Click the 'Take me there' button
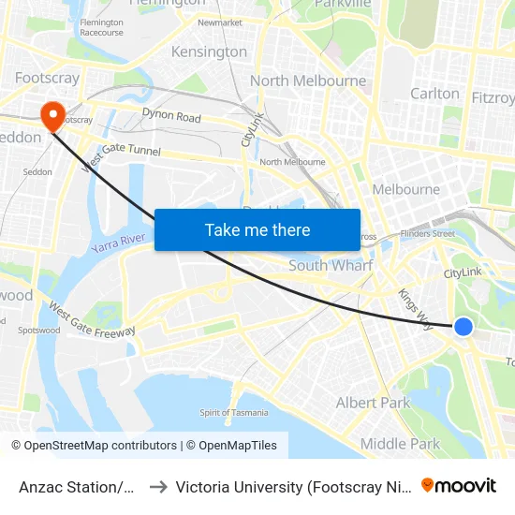(257, 229)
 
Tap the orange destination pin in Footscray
(52, 114)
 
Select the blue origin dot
(463, 326)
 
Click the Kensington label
(209, 51)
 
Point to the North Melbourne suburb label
(308, 81)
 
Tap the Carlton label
(434, 93)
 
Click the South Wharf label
(330, 266)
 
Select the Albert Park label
(373, 403)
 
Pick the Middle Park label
(400, 444)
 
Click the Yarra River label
(119, 246)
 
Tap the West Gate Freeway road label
(92, 319)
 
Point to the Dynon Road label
(171, 117)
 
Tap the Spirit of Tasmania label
(234, 413)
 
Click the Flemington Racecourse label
(101, 27)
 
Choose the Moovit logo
(459, 485)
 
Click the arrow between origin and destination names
(158, 486)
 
